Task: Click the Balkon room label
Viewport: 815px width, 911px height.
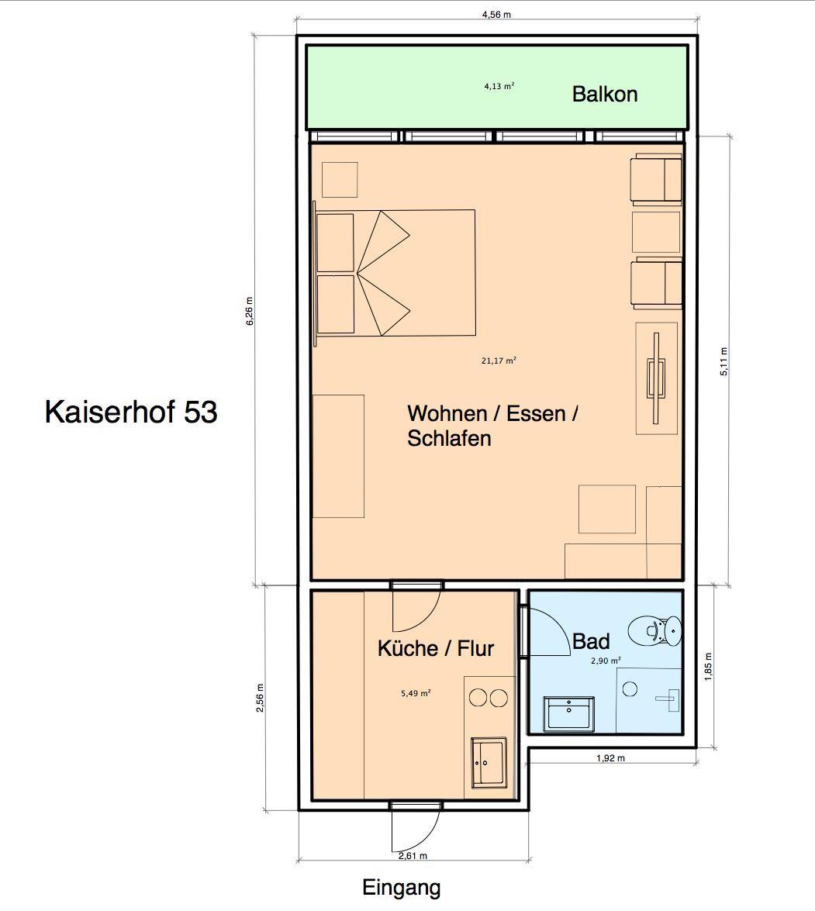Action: click(605, 94)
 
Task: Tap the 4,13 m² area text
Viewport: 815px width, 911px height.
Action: click(499, 87)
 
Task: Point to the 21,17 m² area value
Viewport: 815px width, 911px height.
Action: click(499, 361)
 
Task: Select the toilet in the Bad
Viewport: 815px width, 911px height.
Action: click(654, 630)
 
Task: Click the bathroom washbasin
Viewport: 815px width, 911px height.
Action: click(568, 713)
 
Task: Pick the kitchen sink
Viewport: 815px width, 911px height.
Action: click(489, 762)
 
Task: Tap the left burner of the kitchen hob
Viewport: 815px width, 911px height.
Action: click(478, 698)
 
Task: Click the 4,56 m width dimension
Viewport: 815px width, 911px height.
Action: click(496, 15)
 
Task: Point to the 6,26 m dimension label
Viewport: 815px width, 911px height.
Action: click(250, 311)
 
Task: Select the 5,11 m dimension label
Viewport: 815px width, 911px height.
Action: click(723, 361)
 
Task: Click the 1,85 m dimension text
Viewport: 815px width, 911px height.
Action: click(707, 667)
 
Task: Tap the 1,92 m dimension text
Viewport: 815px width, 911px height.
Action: click(610, 757)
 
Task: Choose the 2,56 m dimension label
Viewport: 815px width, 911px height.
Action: click(261, 697)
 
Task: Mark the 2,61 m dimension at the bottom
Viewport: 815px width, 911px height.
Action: click(413, 855)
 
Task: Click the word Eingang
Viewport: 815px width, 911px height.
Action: click(402, 888)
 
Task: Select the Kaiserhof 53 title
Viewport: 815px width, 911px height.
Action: click(131, 412)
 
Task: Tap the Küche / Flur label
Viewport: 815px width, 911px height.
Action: click(436, 648)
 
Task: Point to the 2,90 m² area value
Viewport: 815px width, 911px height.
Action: click(606, 661)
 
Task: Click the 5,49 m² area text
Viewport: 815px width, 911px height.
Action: click(416, 693)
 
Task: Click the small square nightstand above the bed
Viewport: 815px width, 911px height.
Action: click(340, 180)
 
